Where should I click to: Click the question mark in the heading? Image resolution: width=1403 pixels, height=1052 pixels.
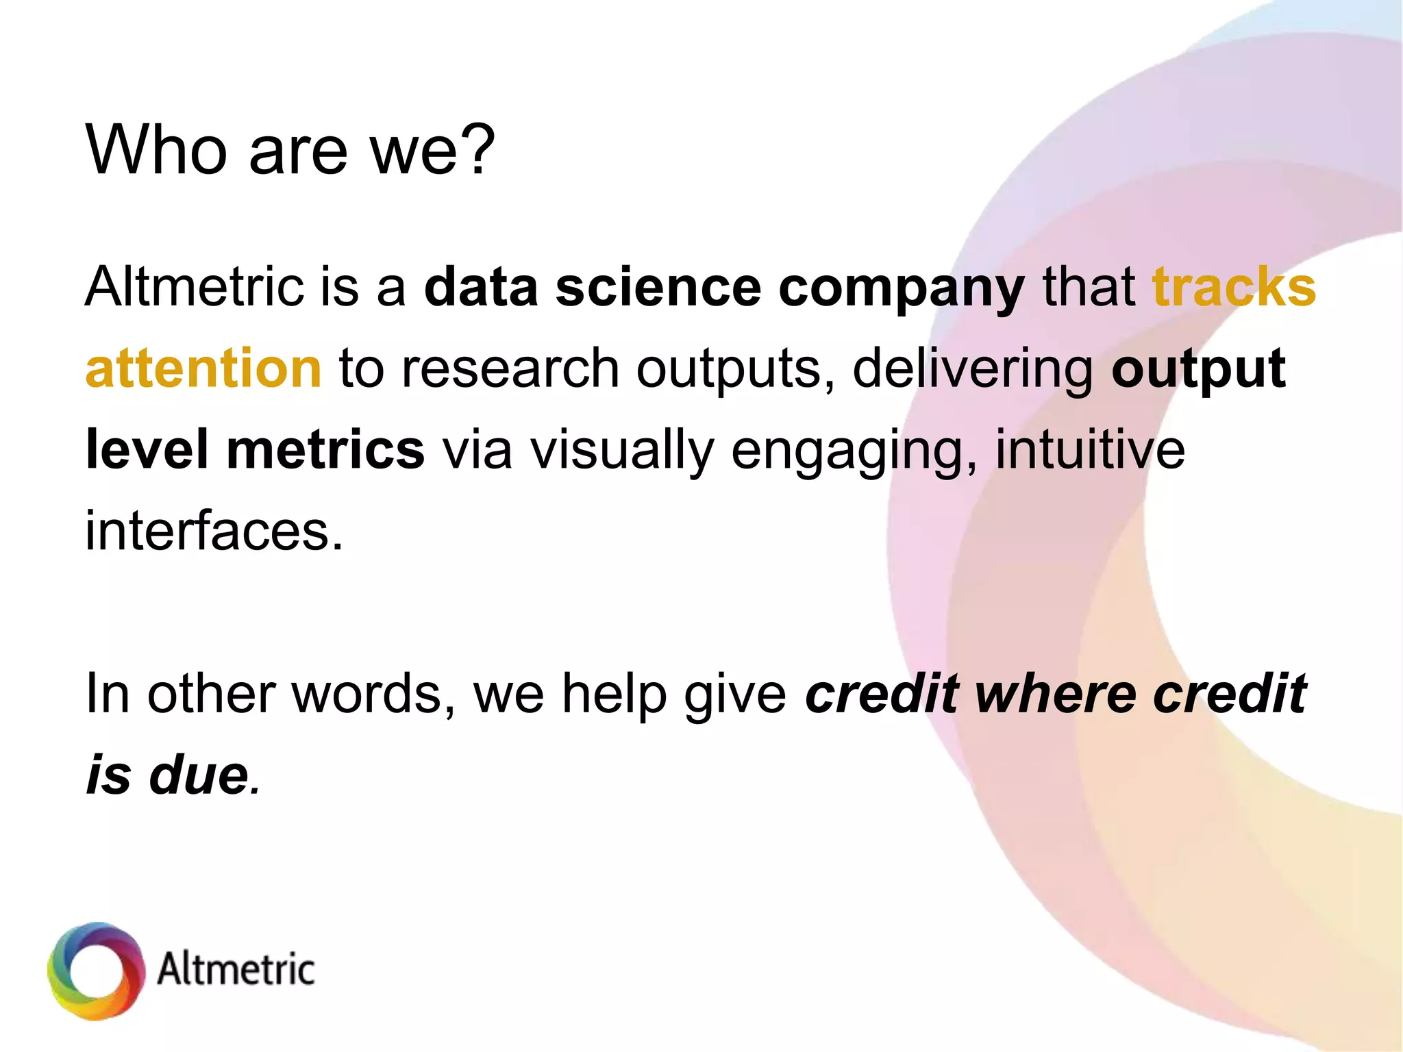click(x=473, y=149)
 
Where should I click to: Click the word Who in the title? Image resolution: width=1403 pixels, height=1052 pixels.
click(x=156, y=149)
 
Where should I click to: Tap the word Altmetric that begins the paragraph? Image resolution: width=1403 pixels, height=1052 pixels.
click(x=194, y=286)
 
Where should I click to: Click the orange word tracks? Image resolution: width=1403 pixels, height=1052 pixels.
click(x=1234, y=286)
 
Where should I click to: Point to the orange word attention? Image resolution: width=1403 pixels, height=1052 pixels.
click(x=203, y=368)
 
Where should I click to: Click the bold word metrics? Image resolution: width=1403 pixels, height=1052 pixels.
click(x=325, y=450)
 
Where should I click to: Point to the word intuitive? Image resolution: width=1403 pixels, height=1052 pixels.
click(x=1090, y=450)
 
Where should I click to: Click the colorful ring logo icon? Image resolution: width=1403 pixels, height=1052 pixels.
click(x=97, y=970)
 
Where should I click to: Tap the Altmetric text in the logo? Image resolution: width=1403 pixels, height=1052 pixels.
click(x=236, y=970)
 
